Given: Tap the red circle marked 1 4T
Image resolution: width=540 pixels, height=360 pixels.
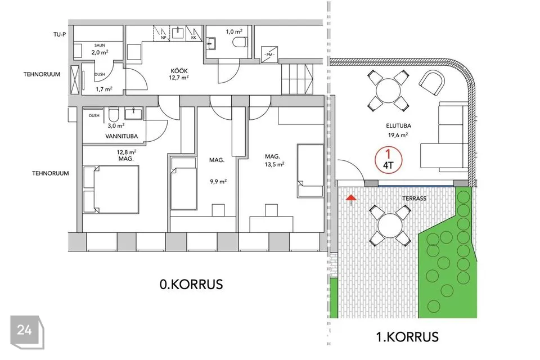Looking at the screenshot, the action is coord(389,160).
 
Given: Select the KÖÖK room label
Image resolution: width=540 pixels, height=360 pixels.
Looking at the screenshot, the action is coord(179,71).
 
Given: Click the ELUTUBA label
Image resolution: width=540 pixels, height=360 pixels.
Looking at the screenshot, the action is coord(398,126).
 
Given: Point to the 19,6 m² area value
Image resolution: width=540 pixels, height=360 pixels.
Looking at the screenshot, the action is coord(398,135).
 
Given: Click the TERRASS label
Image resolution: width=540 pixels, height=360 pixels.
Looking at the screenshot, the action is coord(415,199).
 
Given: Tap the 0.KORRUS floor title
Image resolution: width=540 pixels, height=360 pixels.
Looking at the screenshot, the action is coord(191,284).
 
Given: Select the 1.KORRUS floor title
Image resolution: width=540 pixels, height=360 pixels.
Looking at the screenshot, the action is coord(407,336).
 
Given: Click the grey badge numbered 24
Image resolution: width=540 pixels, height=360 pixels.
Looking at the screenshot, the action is coord(27,332).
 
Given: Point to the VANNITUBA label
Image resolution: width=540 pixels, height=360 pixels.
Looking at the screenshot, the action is coord(121,137).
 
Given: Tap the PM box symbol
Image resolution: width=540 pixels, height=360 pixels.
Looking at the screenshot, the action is coord(269,55).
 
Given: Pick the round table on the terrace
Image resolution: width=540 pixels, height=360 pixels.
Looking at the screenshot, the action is coord(390,226).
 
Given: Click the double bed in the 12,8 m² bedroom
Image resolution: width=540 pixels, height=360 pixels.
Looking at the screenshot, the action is coord(111,190).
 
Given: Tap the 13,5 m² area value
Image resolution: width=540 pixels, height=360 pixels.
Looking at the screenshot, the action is coord(274,165).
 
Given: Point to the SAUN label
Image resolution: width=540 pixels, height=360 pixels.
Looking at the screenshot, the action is coord(100,45).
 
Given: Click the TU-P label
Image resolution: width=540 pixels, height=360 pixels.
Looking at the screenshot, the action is coord(60,34).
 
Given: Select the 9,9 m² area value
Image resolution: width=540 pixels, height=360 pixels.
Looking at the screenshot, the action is coord(218,182).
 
